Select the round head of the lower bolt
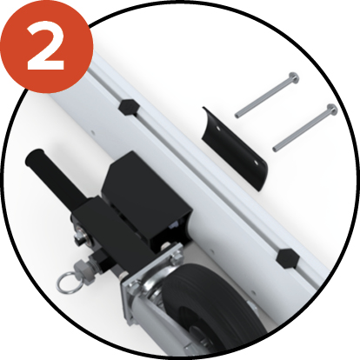(x=330, y=110)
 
